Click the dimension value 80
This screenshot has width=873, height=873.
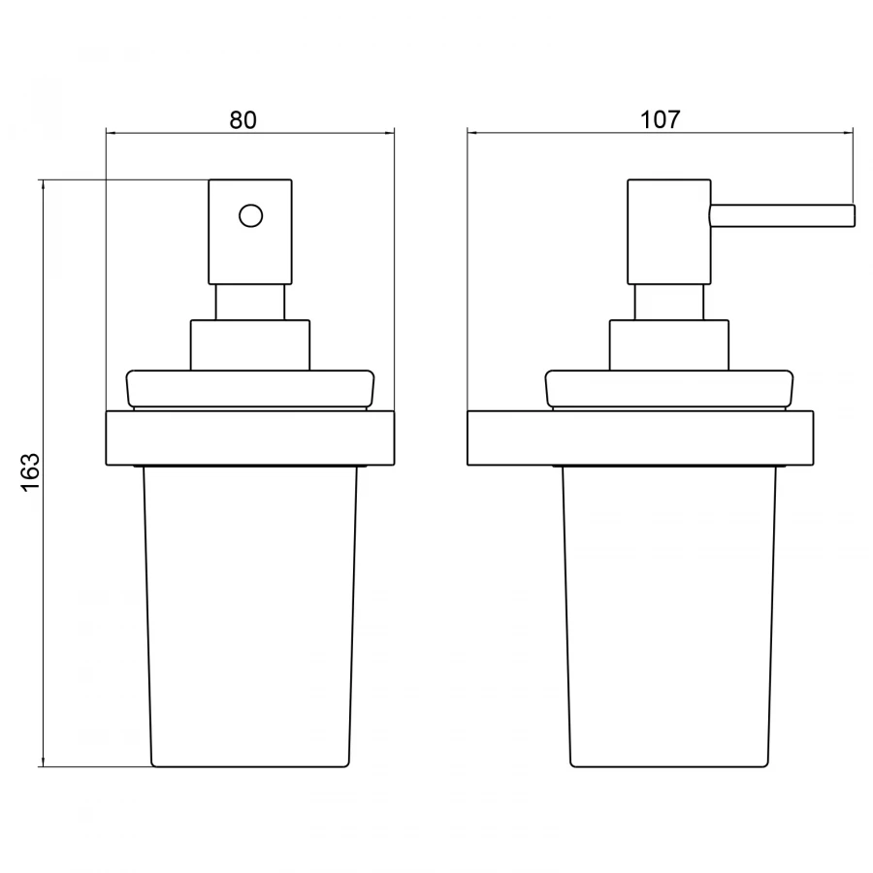(x=243, y=119)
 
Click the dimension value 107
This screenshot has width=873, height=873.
(x=661, y=119)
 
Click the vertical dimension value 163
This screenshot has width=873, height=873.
(x=30, y=472)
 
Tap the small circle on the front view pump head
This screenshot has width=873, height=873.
(x=250, y=215)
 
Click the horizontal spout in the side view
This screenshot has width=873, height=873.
(x=782, y=216)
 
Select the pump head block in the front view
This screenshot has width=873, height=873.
(x=250, y=232)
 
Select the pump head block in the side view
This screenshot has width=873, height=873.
(x=668, y=232)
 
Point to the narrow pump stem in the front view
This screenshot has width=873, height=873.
(x=250, y=303)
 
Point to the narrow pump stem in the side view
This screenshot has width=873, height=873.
(x=668, y=303)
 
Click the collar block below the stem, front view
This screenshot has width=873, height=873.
(x=250, y=345)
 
